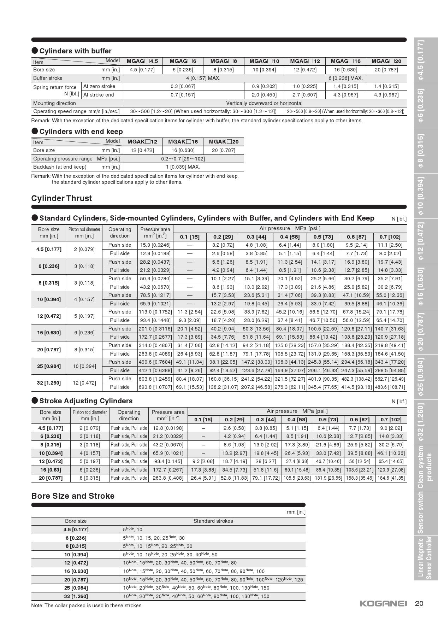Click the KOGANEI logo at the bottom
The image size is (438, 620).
pos(383,603)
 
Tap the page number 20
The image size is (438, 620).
pos(419,603)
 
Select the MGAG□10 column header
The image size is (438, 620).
pos(264,61)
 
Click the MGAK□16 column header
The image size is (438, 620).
pos(183,142)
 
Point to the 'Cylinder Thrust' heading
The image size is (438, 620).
pos(61,198)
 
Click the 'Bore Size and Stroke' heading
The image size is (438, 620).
pos(73,496)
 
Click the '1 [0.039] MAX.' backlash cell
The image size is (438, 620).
pos(183,167)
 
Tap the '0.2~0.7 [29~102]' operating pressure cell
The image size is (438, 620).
pos(183,159)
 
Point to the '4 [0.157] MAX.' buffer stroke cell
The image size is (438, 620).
pos(203,78)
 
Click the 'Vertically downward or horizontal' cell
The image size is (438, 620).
pos(264,103)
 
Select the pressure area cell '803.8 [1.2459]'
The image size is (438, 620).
pos(155,379)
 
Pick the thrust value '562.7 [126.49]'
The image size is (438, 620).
pos(390,379)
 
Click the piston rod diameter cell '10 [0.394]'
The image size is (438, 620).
pos(84,366)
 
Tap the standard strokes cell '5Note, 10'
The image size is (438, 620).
pos(133,530)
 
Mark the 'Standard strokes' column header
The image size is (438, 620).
pos(213,521)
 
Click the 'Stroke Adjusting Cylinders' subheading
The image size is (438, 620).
pos(86,401)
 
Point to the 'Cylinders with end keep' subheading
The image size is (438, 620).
pos(81,131)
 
